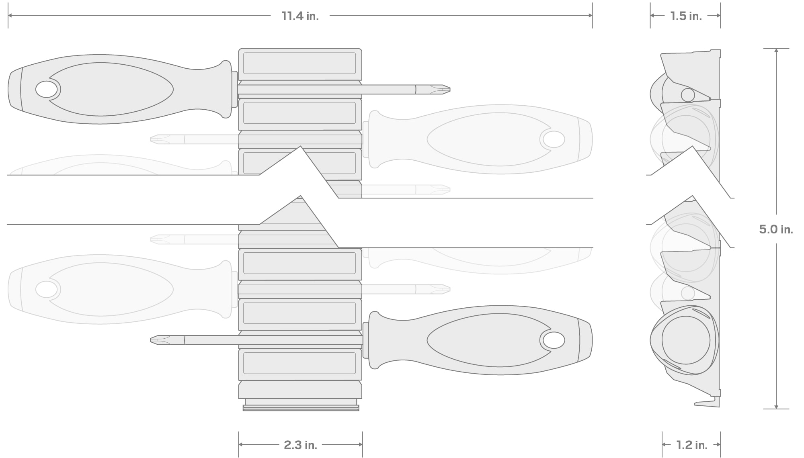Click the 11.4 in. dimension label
pos(300,16)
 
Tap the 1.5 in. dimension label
pos(685,16)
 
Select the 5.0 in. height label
pos(775,229)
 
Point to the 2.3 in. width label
pos(300,445)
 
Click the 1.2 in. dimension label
pos(691,445)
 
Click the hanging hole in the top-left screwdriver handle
pos(47,89)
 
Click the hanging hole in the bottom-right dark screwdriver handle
pos(554,340)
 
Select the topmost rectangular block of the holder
pos(300,63)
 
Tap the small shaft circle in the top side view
pos(688,95)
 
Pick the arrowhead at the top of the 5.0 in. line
pos(776,51)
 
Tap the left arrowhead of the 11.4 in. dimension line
pos(10,16)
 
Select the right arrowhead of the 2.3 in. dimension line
pos(361,444)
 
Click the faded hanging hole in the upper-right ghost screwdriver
pos(554,139)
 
